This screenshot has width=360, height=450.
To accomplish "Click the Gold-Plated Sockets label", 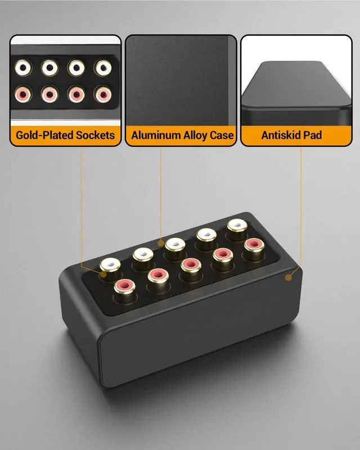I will click(x=65, y=135).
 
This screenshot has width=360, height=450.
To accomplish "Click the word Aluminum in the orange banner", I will click(x=156, y=135).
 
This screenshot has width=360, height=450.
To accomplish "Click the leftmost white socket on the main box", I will click(x=109, y=264).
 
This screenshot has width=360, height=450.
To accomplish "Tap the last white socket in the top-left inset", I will click(x=102, y=67).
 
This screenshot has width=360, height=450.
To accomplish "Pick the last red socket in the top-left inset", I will click(x=102, y=93).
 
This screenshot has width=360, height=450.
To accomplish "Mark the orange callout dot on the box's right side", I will click(x=289, y=277).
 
